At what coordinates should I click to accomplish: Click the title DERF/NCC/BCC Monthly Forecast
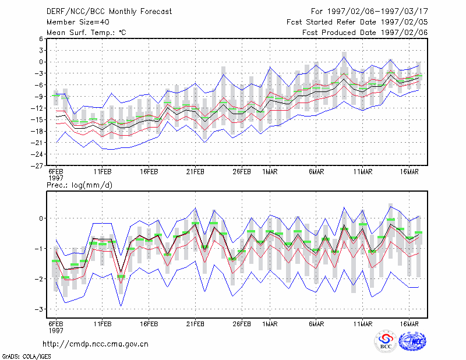[109, 12]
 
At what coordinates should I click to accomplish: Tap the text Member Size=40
[78, 22]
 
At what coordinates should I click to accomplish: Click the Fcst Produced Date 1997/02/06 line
[365, 33]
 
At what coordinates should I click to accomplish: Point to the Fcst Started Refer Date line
[357, 22]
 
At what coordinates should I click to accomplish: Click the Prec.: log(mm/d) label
[79, 185]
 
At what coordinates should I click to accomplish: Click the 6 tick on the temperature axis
[41, 38]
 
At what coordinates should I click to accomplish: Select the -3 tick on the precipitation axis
[38, 309]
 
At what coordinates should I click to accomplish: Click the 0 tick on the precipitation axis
[41, 218]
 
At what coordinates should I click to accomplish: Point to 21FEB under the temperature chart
[195, 172]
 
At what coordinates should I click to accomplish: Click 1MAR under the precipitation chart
[270, 324]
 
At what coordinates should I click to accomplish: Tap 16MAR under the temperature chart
[409, 172]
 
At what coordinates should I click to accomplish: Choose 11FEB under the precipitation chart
[103, 324]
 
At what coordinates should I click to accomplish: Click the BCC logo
[386, 342]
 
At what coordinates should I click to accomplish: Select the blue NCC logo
[412, 342]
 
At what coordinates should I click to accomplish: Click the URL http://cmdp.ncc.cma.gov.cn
[96, 344]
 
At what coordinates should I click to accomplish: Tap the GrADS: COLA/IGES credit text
[26, 357]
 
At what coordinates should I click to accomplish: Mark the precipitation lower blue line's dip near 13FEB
[121, 306]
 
